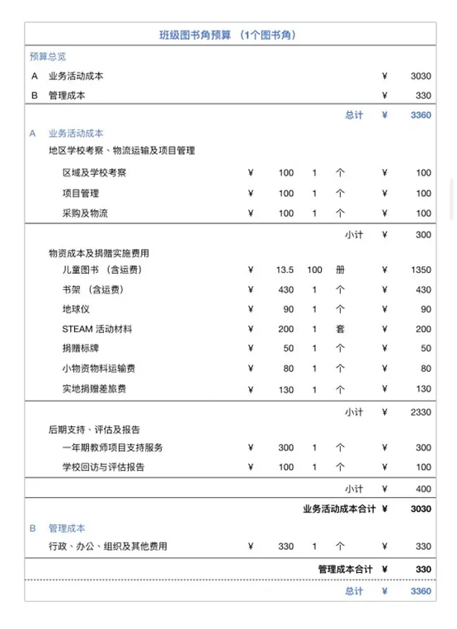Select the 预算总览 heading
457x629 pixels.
pos(47,56)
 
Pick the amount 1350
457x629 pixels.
pos(421,270)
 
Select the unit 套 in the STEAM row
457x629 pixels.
pos(340,329)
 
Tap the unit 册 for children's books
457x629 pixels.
pos(340,270)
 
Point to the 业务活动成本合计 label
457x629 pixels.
pos(339,509)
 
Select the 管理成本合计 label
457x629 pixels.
pos(346,569)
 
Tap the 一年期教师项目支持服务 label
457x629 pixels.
pos(112,448)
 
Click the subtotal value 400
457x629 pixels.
pos(423,488)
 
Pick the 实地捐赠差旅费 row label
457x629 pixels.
pos(94,388)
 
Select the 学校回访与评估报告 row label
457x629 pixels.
pos(103,467)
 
